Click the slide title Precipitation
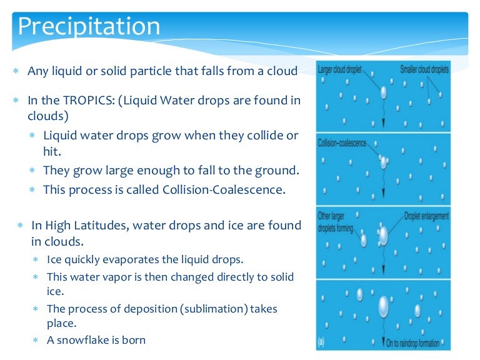[89, 27]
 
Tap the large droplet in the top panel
[383, 92]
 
